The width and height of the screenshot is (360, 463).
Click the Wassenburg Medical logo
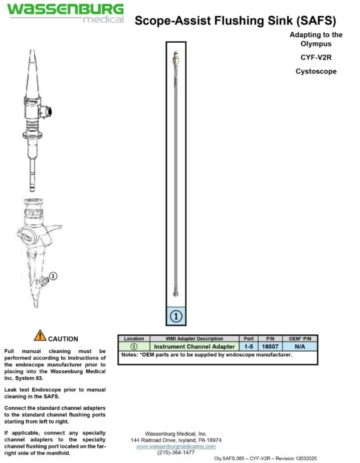click(x=65, y=13)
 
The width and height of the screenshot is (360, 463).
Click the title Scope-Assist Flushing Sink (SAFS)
click(x=239, y=21)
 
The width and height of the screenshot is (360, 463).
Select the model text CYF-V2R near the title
click(x=317, y=57)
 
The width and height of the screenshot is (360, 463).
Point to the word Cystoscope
click(x=316, y=71)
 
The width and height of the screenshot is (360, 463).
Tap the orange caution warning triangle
click(x=40, y=336)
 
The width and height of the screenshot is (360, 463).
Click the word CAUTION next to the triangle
click(x=63, y=339)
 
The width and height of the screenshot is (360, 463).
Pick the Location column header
click(x=133, y=339)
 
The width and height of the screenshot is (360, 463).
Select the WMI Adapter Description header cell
click(x=195, y=339)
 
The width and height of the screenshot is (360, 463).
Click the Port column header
click(x=249, y=339)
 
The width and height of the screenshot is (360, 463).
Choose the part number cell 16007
click(x=270, y=347)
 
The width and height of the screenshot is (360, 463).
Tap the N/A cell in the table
click(x=299, y=347)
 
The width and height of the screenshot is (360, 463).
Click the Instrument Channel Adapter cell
click(x=195, y=347)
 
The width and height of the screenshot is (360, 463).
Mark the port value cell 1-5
click(x=249, y=347)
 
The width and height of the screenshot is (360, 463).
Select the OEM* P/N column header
click(x=299, y=339)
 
